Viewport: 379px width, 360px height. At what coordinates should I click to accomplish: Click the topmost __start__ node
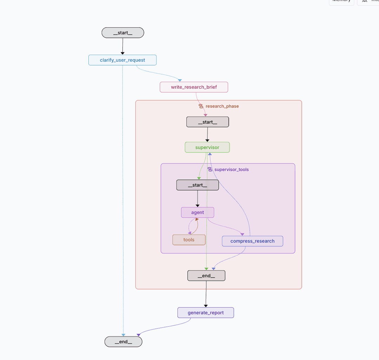coord(123,33)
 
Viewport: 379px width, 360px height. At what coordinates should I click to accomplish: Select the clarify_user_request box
coord(122,60)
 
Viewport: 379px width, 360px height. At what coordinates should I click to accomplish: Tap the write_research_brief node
coord(194,87)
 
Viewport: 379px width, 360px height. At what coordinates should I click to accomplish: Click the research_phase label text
coord(222,106)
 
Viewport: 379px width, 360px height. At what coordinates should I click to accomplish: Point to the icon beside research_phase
coord(201,106)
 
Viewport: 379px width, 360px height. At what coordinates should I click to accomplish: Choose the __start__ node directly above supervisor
coord(207,122)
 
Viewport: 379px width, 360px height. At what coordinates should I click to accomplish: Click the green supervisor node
coord(207,147)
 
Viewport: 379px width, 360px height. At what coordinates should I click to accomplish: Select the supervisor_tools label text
coord(231,169)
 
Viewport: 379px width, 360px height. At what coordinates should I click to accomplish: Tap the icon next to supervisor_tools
coord(210,169)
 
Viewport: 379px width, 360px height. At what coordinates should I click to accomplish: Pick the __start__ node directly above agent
coord(197,185)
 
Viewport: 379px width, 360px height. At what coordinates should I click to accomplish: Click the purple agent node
coord(198,212)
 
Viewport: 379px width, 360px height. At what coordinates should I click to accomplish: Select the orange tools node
coord(189,240)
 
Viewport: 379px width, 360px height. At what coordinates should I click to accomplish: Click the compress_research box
coord(252,241)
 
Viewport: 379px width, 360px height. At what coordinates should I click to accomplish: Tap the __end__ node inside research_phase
coord(206,276)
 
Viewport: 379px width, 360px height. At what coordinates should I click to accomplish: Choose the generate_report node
coord(206,313)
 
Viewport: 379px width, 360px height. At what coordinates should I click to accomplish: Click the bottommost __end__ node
coord(123,342)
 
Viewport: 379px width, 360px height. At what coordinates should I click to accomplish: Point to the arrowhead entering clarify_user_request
coord(122,53)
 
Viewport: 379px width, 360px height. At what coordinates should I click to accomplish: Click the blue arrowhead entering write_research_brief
coord(180,80)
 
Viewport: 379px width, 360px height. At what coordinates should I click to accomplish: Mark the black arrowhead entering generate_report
coord(206,306)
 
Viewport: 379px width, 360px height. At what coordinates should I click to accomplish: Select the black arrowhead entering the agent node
coord(198,206)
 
